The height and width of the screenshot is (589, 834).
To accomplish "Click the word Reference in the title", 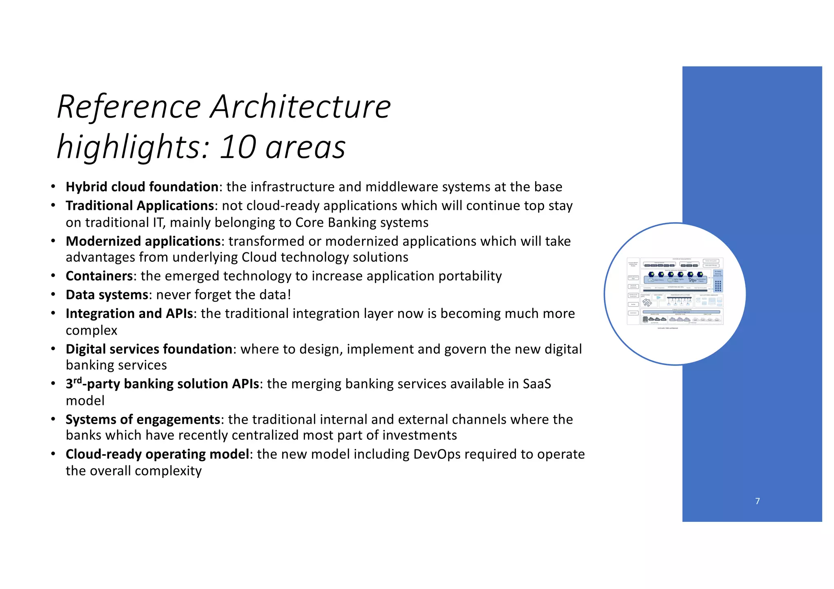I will coord(129,107).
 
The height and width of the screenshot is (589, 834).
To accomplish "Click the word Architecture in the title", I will coord(301,107).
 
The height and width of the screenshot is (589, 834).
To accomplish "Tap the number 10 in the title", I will coord(238,147).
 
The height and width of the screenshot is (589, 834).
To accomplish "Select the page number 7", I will coord(757,501).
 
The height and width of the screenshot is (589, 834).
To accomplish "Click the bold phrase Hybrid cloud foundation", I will coord(142,187).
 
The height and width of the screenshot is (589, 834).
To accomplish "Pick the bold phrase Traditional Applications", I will coord(140,206).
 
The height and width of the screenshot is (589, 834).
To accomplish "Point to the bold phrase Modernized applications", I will coord(143,241).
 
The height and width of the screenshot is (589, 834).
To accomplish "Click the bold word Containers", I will coord(99,276).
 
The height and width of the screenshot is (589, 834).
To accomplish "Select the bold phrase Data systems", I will coord(107,295).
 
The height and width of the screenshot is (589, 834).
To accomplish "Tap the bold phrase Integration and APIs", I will coord(129,313).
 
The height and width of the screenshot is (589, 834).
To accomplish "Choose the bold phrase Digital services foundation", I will coord(149,349).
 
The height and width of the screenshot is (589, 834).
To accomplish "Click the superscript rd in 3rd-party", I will coord(77,381).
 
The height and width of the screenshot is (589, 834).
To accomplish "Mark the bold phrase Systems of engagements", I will coord(143,419).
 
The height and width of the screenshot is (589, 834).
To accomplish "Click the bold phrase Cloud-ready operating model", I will coord(157,454).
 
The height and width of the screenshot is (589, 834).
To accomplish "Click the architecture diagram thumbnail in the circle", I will coord(675,293).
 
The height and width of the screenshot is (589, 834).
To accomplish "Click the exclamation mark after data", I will coord(289,295).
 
